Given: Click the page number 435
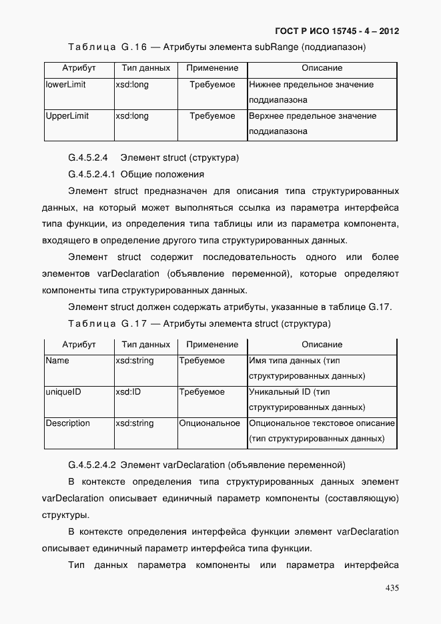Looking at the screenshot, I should pyautogui.click(x=392, y=587).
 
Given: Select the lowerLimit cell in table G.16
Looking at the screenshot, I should pyautogui.click(x=65, y=85).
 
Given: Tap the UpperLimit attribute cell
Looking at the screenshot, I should pyautogui.click(x=67, y=116).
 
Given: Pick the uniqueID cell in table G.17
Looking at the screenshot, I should pyautogui.click(x=63, y=392).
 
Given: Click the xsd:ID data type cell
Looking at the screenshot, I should pyautogui.click(x=128, y=392).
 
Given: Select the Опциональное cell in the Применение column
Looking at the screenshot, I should pyautogui.click(x=209, y=423).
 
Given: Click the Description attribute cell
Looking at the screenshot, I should pyautogui.click(x=67, y=423).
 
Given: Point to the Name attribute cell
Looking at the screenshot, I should pyautogui.click(x=57, y=361).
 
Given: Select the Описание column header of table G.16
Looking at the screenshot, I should pyautogui.click(x=322, y=68).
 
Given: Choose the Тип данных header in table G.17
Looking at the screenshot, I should pyautogui.click(x=145, y=345).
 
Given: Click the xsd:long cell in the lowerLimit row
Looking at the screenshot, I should pyautogui.click(x=132, y=85).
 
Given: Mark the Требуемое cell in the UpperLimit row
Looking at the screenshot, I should pyautogui.click(x=212, y=116).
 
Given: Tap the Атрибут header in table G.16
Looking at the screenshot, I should pyautogui.click(x=79, y=68).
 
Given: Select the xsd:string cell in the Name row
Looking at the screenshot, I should pyautogui.click(x=134, y=361).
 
